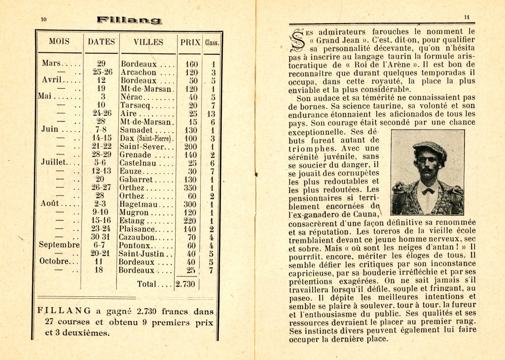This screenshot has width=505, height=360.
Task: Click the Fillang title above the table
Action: click(129, 20)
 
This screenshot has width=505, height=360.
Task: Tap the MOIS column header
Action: click(59, 42)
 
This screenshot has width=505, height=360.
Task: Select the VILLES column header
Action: click(148, 42)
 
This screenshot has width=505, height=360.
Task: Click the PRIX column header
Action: click(190, 42)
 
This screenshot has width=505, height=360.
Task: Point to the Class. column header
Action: click(212, 42)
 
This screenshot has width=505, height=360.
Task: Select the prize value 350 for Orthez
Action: click(191, 187)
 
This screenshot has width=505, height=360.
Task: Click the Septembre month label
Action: click(59, 245)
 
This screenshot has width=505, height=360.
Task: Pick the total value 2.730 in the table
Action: click(186, 285)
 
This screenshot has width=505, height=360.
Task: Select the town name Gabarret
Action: click(136, 180)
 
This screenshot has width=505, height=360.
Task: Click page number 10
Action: click(43, 20)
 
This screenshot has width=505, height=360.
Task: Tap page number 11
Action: click(467, 17)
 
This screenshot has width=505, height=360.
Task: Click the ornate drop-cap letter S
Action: click(297, 41)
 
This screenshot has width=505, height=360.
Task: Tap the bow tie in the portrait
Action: click(428, 190)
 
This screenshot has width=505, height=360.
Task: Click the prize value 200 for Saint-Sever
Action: click(191, 146)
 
